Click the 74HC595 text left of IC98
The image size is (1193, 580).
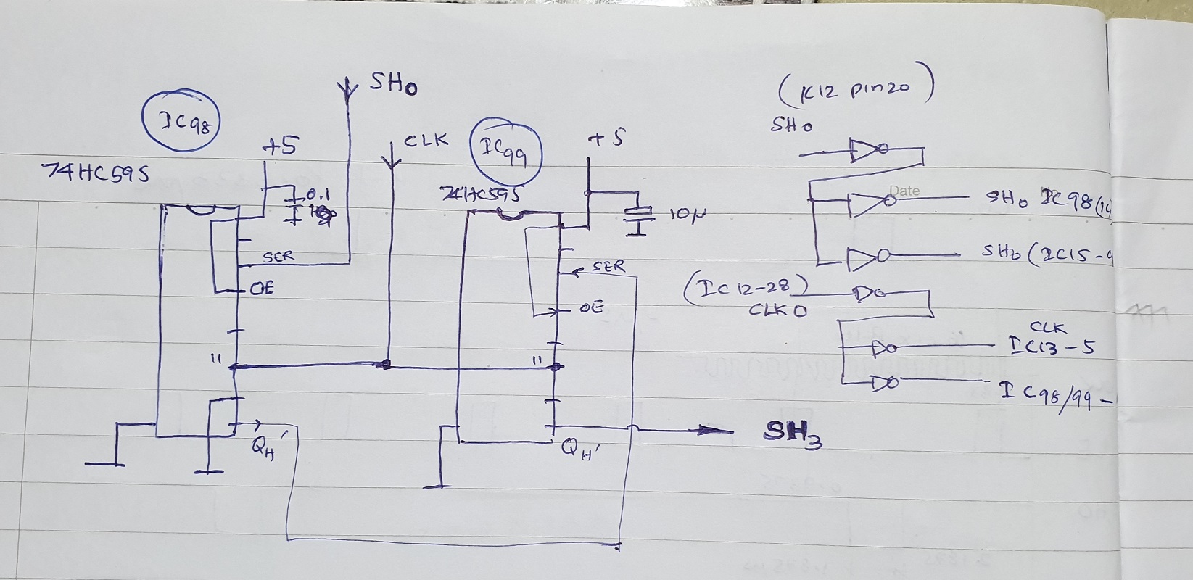point(96,173)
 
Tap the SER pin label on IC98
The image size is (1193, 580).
point(278,257)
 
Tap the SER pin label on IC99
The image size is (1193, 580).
point(608,266)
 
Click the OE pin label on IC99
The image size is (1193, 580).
point(591,308)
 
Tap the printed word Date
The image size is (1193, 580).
point(904,191)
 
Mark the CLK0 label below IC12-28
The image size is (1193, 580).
point(777,310)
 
